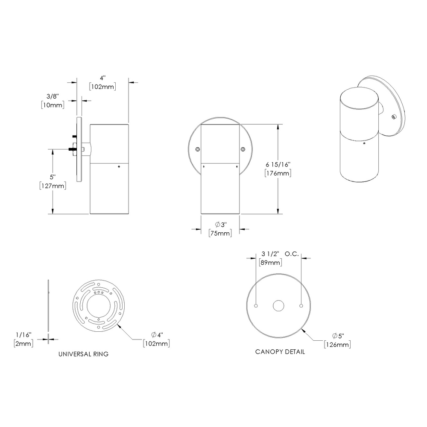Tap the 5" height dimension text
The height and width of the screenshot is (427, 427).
(x=52, y=177)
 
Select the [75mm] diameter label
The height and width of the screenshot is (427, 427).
(x=220, y=233)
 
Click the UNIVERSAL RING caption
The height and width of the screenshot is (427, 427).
(x=83, y=354)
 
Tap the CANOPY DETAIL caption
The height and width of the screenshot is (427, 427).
(x=280, y=352)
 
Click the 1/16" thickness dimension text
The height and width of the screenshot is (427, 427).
(x=23, y=335)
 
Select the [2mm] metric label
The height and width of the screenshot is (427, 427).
(x=23, y=343)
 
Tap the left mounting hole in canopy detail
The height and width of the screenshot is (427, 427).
(x=256, y=306)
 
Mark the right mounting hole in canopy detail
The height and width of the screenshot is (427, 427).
(x=301, y=306)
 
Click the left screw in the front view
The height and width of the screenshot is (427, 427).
(x=197, y=149)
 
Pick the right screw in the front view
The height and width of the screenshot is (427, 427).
(x=243, y=149)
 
